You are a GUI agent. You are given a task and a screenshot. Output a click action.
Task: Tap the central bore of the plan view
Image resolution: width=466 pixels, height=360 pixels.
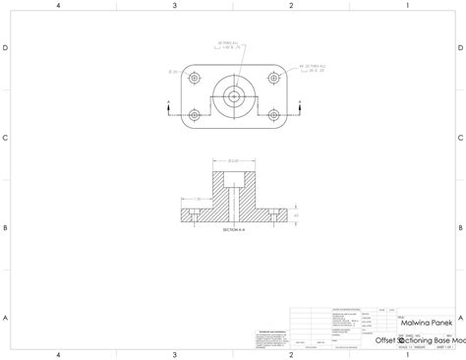click(x=233, y=95)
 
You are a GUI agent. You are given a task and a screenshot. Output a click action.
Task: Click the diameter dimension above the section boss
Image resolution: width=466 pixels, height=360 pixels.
click(x=233, y=160)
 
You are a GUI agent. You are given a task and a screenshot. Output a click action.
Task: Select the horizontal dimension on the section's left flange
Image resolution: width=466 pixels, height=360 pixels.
click(x=194, y=199)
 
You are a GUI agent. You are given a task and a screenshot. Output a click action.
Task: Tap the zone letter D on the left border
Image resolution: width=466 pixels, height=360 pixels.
click(x=6, y=48)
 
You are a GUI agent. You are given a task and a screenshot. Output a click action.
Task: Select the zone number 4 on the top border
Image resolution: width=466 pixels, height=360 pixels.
click(x=59, y=5)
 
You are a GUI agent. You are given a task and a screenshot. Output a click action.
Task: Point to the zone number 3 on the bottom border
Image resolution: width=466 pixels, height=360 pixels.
click(x=174, y=354)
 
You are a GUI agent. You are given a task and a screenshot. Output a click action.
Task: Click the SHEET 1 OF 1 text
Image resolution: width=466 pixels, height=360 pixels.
click(x=443, y=347)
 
